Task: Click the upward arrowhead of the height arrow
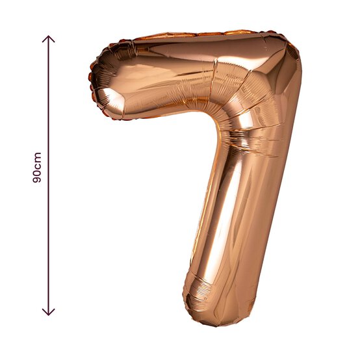click(48, 39)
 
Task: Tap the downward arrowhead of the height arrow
click(48, 311)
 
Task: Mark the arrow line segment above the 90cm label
click(48, 91)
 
